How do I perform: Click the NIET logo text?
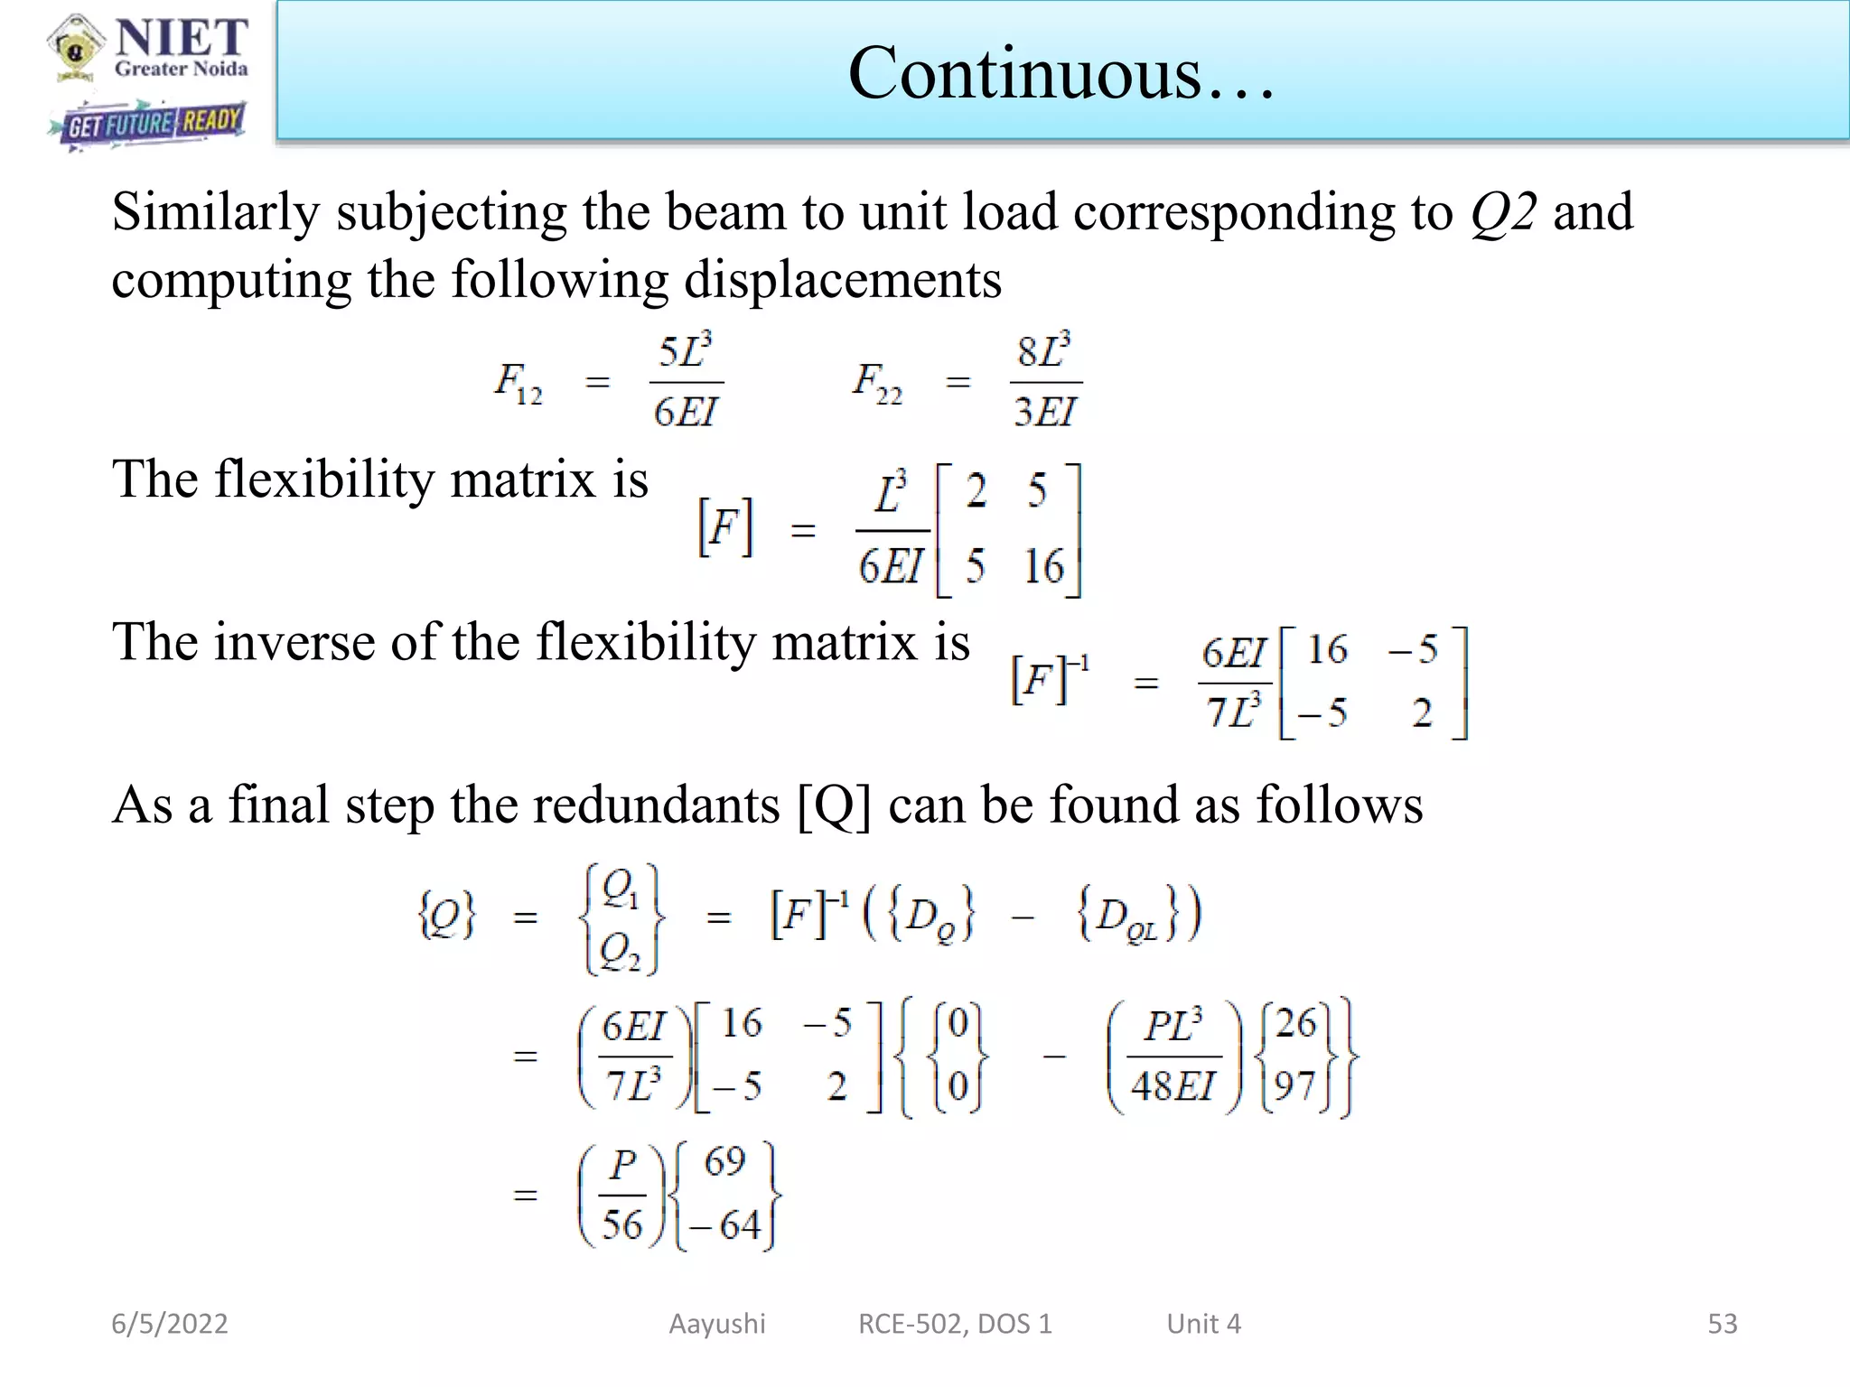(x=181, y=39)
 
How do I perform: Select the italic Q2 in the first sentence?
(x=1503, y=213)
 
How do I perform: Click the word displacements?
(x=842, y=280)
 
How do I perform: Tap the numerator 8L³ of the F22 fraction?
(x=1044, y=350)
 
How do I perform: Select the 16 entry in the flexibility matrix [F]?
(x=1043, y=567)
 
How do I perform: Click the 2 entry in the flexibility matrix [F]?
(x=976, y=491)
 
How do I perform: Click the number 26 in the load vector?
(x=1296, y=1023)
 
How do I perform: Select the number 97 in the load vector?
(x=1294, y=1084)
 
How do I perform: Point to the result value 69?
(x=724, y=1162)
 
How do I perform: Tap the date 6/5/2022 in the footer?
(x=170, y=1324)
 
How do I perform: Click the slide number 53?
(x=1722, y=1324)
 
